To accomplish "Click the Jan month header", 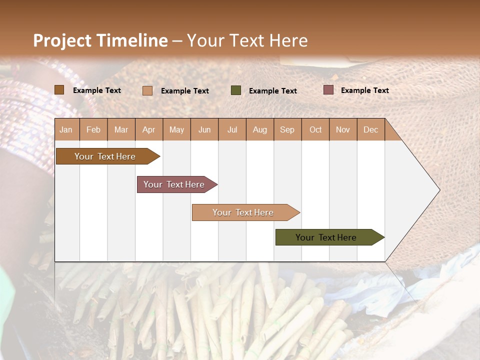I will coord(66,129).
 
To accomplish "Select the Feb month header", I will coord(93,129).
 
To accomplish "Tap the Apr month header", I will coord(149,129).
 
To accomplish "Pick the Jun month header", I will coord(204,129).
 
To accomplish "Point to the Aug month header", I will coord(260,129).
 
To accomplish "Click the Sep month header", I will coord(287,129).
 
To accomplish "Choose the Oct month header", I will coord(315,129).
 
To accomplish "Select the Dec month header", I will coord(371,129).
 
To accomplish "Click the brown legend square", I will coord(59,90).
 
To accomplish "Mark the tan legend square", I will coord(147,90).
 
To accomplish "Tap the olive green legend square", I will coord(236,90).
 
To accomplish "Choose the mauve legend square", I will coord(328,90).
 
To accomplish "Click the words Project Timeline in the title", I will coord(100,40).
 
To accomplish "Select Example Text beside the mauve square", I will coord(365,90).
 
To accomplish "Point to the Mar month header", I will coord(121,129).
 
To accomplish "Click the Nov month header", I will coord(343,129).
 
